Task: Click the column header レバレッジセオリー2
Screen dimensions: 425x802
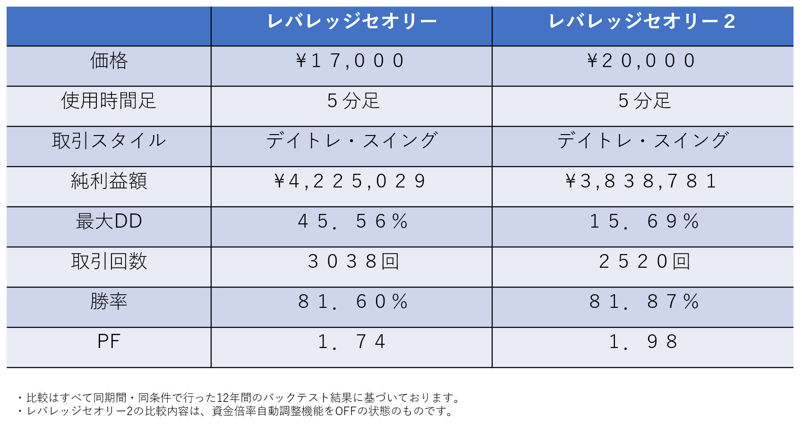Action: click(642, 22)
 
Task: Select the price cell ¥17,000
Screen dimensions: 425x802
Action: click(350, 61)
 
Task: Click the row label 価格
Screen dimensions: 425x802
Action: click(109, 61)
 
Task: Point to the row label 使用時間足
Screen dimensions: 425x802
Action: click(109, 101)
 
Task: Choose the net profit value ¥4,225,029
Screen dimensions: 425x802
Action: click(350, 181)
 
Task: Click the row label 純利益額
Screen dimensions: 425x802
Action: click(109, 181)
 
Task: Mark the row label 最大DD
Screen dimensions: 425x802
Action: click(109, 221)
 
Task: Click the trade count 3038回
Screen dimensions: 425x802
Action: click(353, 262)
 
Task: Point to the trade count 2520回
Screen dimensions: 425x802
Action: click(644, 262)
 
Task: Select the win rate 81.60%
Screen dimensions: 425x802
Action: click(353, 302)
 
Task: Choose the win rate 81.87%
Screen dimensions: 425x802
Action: click(644, 302)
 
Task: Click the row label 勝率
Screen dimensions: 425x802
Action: click(109, 302)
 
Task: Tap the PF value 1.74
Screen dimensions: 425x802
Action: click(352, 342)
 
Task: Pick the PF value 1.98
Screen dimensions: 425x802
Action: click(643, 342)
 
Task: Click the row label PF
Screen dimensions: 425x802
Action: click(109, 342)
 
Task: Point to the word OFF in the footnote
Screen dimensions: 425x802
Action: click(345, 411)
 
